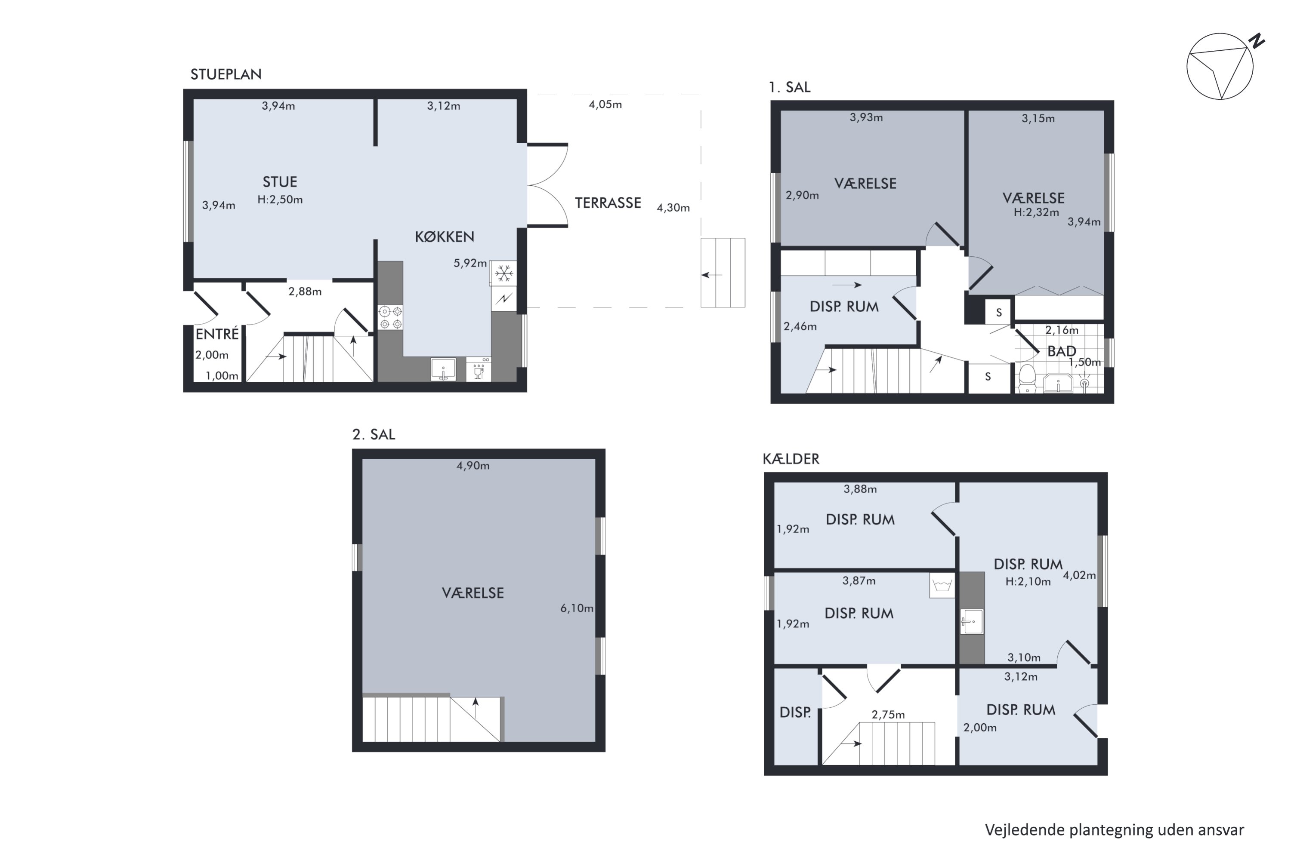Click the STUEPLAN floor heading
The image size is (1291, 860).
click(x=225, y=74)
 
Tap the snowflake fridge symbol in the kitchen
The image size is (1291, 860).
click(x=504, y=273)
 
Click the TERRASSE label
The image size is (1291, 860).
click(x=608, y=203)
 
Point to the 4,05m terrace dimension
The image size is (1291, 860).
click(x=605, y=104)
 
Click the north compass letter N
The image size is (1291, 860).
click(x=1257, y=41)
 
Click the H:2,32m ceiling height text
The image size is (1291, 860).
click(x=1036, y=212)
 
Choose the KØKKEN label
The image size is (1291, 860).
click(x=445, y=237)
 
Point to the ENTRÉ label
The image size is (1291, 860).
click(x=217, y=334)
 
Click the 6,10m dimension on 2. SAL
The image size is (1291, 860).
click(x=576, y=608)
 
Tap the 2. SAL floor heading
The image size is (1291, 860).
click(x=374, y=434)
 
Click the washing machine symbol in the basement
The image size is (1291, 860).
click(x=942, y=585)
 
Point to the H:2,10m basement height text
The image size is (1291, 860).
click(x=1028, y=581)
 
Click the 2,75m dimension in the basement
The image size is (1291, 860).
click(x=888, y=715)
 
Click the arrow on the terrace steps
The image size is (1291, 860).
click(x=712, y=275)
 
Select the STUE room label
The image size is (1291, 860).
click(x=280, y=182)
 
